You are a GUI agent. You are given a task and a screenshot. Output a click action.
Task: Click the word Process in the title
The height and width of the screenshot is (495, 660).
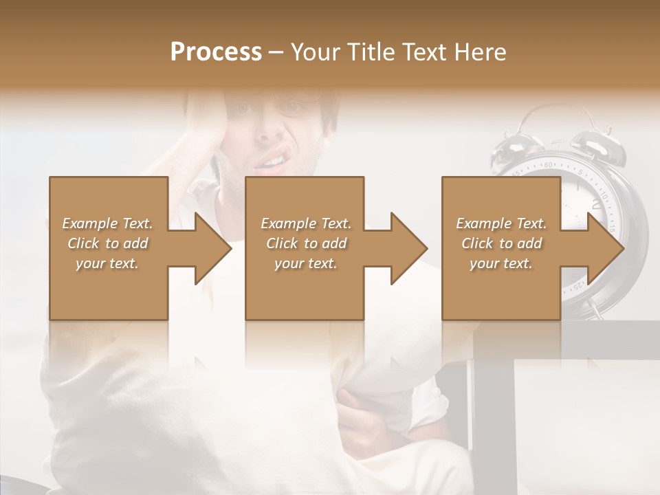216,52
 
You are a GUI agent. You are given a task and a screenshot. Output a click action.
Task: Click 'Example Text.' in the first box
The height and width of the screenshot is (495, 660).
107,223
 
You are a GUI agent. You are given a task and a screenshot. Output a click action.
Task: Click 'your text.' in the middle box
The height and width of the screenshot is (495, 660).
305,264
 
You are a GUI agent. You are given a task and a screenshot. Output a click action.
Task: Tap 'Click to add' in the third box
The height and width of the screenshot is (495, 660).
501,243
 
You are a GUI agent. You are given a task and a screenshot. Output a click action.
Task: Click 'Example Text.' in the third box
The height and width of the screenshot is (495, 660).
501,223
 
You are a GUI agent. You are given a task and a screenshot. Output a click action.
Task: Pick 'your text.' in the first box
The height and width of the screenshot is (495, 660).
107,264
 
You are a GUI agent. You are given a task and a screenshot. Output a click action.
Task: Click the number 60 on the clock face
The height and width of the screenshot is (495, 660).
548,165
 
